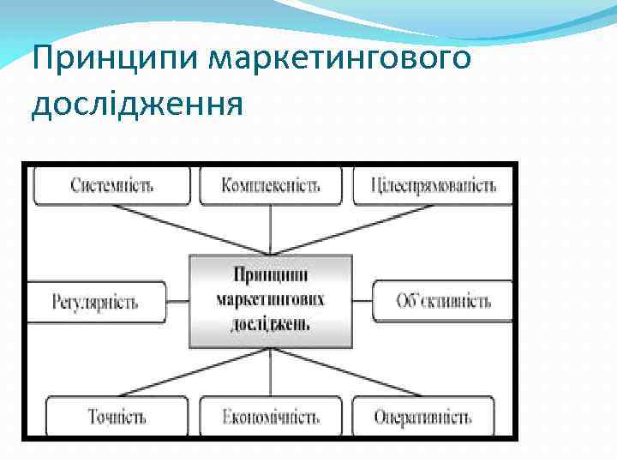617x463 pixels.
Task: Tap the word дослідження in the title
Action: coord(137,104)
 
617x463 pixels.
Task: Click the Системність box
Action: coord(111,185)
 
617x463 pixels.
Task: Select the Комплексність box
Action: coord(270,185)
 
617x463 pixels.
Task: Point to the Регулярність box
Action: coord(95,302)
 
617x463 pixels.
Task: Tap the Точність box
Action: coord(117,417)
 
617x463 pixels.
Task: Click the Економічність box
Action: coord(271,417)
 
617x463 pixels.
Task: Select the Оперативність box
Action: coord(422,417)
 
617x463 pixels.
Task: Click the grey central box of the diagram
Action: coord(271,300)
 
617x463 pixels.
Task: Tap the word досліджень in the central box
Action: coord(271,324)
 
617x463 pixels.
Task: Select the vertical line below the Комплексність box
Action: coord(271,230)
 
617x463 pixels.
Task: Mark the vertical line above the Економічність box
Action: coord(271,372)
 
